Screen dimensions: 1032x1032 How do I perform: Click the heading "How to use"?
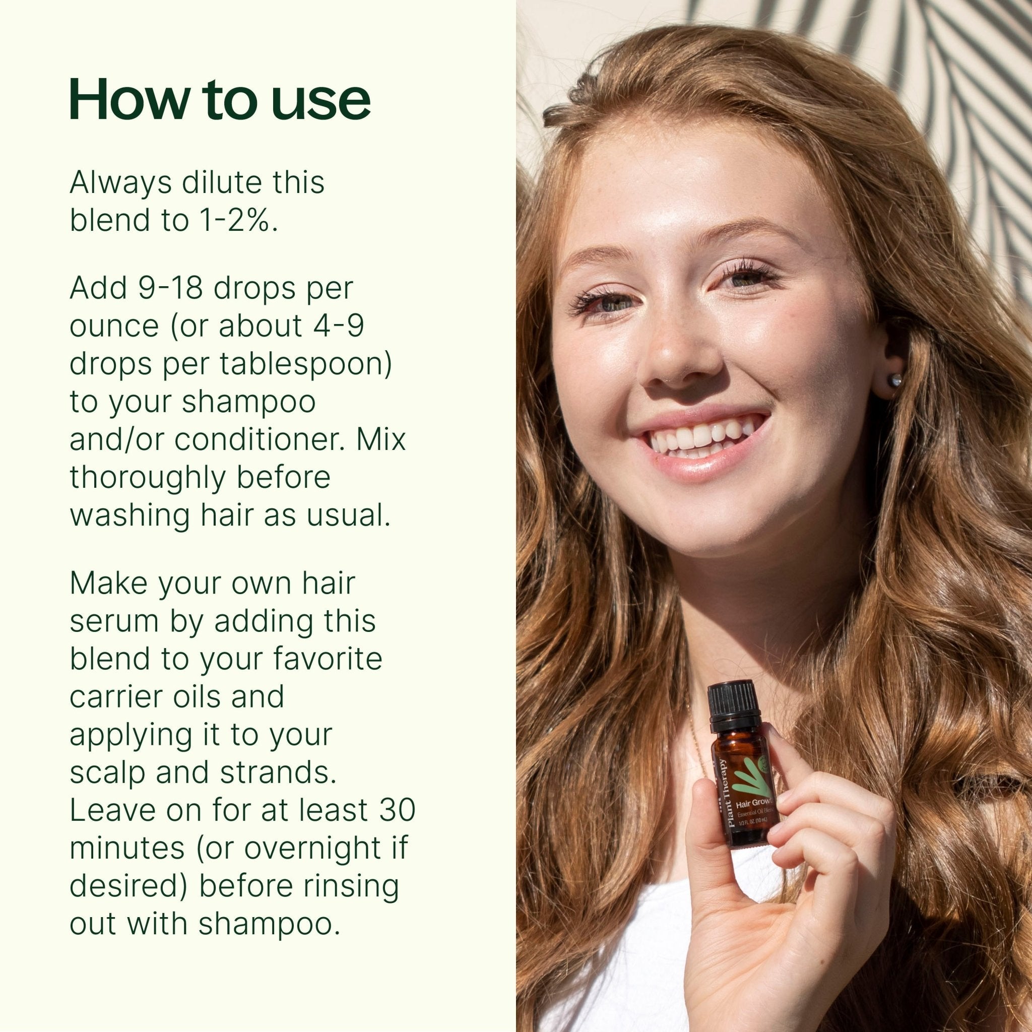(x=220, y=100)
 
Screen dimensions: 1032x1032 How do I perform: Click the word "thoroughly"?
(x=148, y=478)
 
